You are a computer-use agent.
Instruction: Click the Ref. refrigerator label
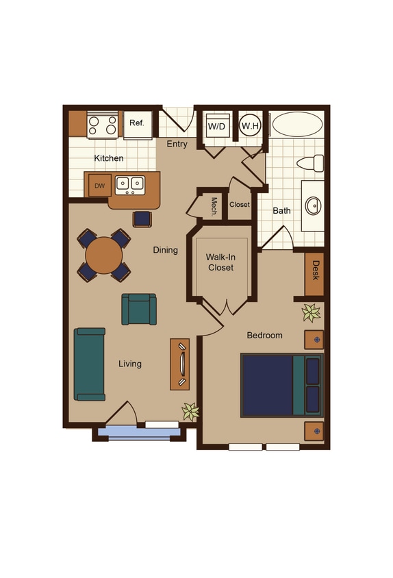[x=136, y=123]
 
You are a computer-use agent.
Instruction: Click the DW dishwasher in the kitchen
[x=99, y=186]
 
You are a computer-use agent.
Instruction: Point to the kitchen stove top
[x=103, y=125]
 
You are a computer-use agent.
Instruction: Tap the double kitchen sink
[x=129, y=184]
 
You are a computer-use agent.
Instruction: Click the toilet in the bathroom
[x=312, y=164]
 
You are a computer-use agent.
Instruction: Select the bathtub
[x=298, y=125]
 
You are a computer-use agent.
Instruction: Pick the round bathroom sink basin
[x=312, y=205]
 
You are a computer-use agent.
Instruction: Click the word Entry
[x=177, y=144]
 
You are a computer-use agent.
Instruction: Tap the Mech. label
[x=214, y=206]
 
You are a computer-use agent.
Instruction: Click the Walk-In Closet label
[x=220, y=262]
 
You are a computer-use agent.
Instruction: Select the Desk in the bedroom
[x=315, y=273]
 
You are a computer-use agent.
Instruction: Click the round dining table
[x=104, y=255]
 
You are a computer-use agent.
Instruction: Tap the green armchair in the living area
[x=139, y=309]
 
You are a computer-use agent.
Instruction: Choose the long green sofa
[x=90, y=364]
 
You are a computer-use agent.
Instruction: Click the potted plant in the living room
[x=190, y=411]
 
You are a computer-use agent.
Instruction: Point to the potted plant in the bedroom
[x=312, y=313]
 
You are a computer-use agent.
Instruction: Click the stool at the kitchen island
[x=142, y=218]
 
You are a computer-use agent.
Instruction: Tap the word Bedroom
[x=264, y=336]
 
